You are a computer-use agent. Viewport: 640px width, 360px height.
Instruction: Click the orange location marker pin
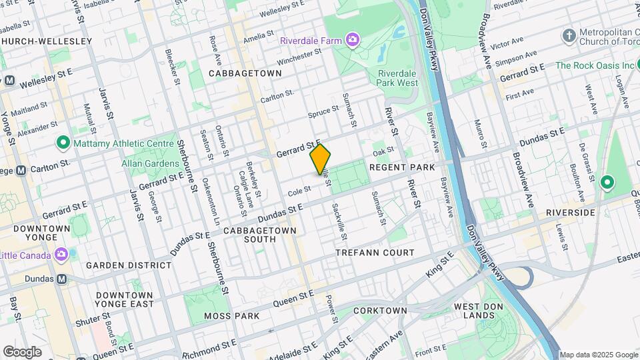click(x=321, y=159)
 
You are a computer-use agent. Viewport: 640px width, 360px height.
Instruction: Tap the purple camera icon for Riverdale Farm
click(x=352, y=40)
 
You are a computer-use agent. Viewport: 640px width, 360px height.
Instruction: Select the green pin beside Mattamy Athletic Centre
click(x=63, y=142)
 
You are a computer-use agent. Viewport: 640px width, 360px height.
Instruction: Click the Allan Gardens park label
click(x=148, y=163)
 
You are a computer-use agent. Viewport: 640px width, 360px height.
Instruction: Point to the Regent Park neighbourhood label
click(x=402, y=167)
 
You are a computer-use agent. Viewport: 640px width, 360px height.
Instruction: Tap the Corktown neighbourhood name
click(x=380, y=311)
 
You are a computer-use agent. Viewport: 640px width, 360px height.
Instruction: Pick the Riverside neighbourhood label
click(x=570, y=213)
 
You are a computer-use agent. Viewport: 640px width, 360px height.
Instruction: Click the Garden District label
click(x=128, y=265)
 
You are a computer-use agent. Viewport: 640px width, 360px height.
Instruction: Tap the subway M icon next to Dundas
click(x=62, y=279)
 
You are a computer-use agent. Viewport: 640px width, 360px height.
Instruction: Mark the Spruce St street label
click(x=323, y=115)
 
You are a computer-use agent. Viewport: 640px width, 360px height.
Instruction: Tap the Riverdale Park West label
click(x=398, y=78)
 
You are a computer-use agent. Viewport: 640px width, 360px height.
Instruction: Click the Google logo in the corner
click(x=23, y=351)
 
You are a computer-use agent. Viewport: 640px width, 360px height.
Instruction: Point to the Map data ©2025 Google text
click(x=597, y=355)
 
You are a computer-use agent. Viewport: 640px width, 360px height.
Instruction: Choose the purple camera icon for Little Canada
click(x=61, y=255)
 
